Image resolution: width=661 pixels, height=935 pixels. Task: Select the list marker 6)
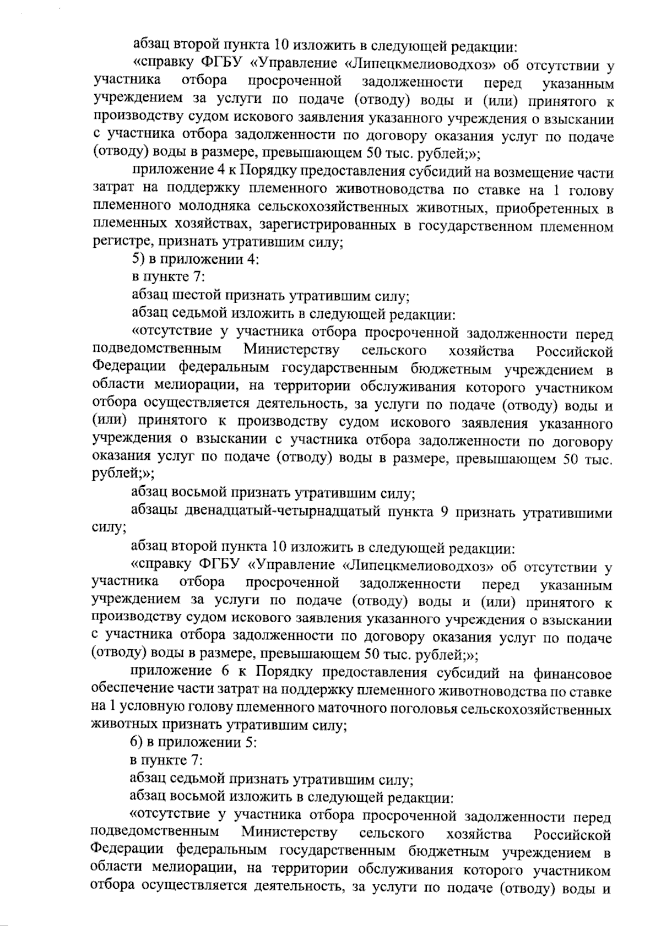point(137,744)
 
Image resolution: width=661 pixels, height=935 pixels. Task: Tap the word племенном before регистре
point(577,225)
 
